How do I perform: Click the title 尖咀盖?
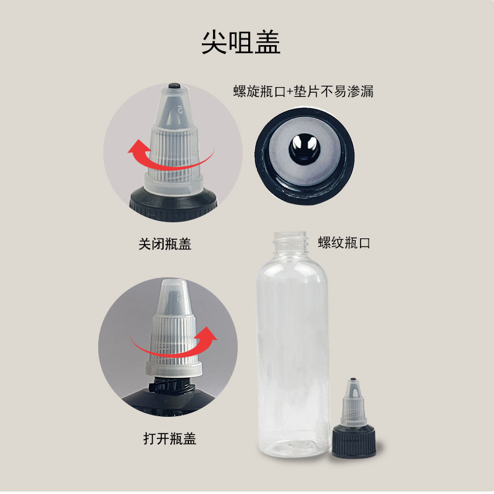(241, 42)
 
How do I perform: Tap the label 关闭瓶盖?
(165, 244)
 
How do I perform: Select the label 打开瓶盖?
(170, 438)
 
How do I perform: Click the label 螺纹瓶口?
(344, 243)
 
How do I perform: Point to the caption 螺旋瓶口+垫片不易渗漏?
(303, 91)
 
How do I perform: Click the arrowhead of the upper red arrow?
(138, 147)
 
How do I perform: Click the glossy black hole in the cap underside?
(304, 148)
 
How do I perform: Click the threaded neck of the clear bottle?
(290, 241)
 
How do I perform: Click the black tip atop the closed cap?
(174, 86)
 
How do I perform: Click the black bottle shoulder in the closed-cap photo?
(174, 204)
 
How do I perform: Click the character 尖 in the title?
(214, 42)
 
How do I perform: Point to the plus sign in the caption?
(290, 92)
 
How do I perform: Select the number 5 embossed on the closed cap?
(180, 109)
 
